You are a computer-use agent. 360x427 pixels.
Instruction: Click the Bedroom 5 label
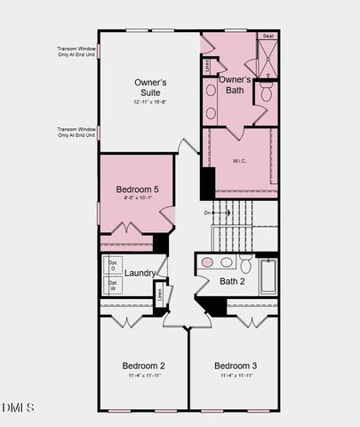click(x=137, y=189)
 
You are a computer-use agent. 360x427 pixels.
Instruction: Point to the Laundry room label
click(x=140, y=273)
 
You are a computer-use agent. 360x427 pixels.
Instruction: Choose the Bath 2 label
click(x=233, y=281)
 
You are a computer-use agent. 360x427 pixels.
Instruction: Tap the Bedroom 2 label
click(x=143, y=366)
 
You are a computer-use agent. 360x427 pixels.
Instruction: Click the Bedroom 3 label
click(x=236, y=366)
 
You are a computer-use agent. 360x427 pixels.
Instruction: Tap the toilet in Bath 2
click(x=245, y=262)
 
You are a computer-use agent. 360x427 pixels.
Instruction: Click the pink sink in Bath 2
click(x=207, y=262)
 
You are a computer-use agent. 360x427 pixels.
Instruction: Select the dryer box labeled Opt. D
click(x=113, y=265)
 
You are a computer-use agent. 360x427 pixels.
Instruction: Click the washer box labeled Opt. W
click(x=113, y=286)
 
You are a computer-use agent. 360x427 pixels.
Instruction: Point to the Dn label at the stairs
click(x=207, y=213)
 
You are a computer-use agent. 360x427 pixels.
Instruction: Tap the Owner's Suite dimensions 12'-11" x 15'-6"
click(x=150, y=101)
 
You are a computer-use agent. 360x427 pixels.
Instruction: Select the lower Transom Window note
click(x=76, y=132)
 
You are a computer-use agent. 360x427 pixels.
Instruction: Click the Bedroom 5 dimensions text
click(x=137, y=198)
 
